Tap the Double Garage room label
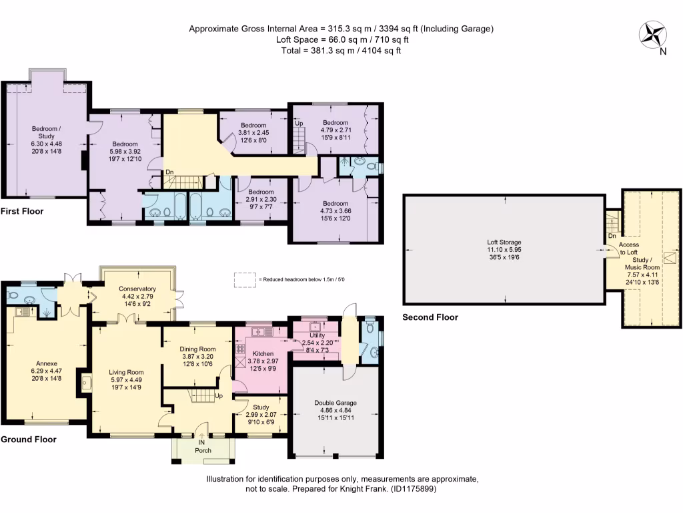coord(335,403)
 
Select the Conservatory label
coord(137,289)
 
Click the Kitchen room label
coord(261,353)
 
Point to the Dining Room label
coord(198,349)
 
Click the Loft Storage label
coord(504,242)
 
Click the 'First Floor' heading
coord(22,211)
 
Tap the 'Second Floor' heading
coord(430,317)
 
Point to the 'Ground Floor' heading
coord(28,440)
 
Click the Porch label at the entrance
coord(203,450)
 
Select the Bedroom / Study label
coord(46,132)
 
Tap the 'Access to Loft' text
coord(629,248)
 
